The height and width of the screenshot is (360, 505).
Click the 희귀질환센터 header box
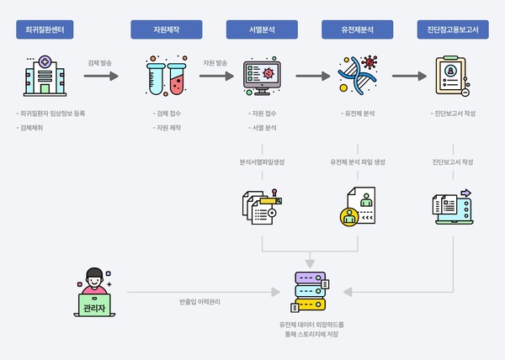45,30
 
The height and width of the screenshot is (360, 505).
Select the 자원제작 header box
166,30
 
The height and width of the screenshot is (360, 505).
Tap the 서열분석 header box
262,30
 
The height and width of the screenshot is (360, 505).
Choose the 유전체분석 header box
358,30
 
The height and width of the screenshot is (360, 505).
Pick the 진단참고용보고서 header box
454,30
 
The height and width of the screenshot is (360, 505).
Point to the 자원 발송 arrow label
215,62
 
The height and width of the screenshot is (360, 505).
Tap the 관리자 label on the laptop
93,308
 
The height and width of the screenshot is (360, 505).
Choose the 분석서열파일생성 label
262,161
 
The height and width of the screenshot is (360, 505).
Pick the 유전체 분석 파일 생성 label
358,161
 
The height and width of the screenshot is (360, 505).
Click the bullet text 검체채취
34,128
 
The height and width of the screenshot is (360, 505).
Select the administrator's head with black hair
93,273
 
